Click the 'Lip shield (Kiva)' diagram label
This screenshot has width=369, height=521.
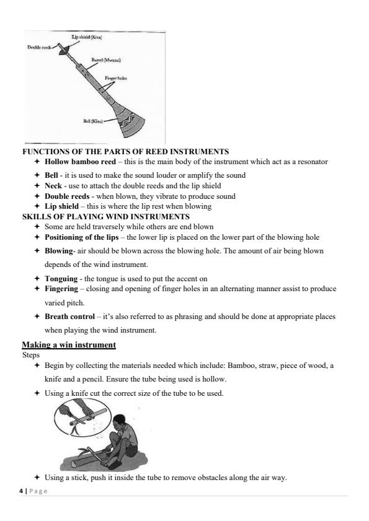pyautogui.click(x=86, y=37)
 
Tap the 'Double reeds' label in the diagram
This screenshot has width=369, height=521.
pyautogui.click(x=39, y=47)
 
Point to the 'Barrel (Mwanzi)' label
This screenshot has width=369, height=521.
pyautogui.click(x=106, y=60)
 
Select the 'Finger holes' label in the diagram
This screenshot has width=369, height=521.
pyautogui.click(x=116, y=78)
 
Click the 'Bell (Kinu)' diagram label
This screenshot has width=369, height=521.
pyautogui.click(x=93, y=121)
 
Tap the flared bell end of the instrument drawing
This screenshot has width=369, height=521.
pyautogui.click(x=132, y=125)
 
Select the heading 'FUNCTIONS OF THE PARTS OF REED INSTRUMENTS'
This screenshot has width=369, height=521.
pyautogui.click(x=125, y=152)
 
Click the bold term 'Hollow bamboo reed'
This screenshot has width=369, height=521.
pyautogui.click(x=80, y=162)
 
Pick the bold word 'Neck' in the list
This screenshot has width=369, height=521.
pyautogui.click(x=53, y=185)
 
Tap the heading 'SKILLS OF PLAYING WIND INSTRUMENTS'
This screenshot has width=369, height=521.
pyautogui.click(x=106, y=217)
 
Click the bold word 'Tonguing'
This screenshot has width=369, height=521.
pyautogui.click(x=61, y=279)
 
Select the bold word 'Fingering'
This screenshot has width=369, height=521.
pyautogui.click(x=61, y=289)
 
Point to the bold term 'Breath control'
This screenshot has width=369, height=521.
pyautogui.click(x=70, y=317)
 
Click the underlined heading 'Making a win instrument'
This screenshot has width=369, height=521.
pyautogui.click(x=69, y=344)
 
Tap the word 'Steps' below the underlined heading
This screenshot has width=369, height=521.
pyautogui.click(x=31, y=355)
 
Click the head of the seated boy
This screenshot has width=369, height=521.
pyautogui.click(x=119, y=421)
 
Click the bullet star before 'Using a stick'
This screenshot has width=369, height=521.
pyautogui.click(x=37, y=478)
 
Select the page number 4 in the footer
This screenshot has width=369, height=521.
pyautogui.click(x=21, y=491)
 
